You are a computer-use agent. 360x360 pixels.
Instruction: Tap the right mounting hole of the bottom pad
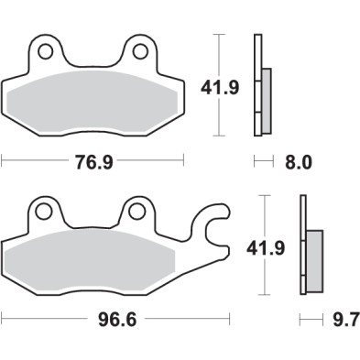point(137,212)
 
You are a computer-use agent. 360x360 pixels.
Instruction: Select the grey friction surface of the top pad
point(93,99)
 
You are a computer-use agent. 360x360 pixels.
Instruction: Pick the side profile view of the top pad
point(260,86)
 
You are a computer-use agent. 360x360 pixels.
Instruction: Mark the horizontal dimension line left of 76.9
point(37,162)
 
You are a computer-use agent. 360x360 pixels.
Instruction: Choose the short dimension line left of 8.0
point(263,162)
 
